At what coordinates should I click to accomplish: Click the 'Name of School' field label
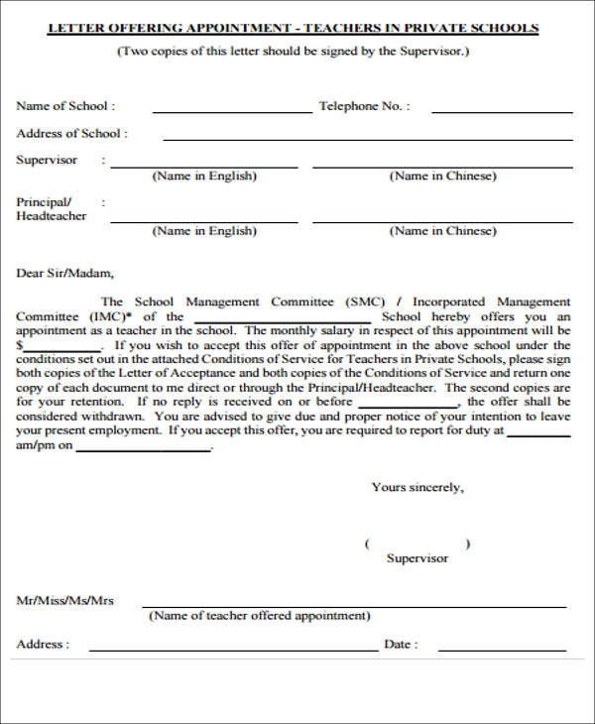pyautogui.click(x=65, y=105)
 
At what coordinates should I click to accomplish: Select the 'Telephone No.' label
pyautogui.click(x=364, y=105)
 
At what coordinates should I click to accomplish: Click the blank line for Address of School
pyautogui.click(x=367, y=138)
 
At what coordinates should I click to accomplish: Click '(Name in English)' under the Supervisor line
pyautogui.click(x=203, y=177)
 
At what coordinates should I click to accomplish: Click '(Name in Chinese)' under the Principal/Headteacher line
pyautogui.click(x=442, y=231)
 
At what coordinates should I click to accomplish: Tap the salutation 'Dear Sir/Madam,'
pyautogui.click(x=65, y=273)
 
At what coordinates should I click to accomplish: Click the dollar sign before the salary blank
pyautogui.click(x=20, y=344)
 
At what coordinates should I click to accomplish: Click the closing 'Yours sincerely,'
pyautogui.click(x=417, y=487)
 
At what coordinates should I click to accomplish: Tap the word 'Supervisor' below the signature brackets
pyautogui.click(x=417, y=558)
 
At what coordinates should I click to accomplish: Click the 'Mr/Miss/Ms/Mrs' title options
pyautogui.click(x=65, y=600)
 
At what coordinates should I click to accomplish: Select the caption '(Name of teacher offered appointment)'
pyautogui.click(x=259, y=616)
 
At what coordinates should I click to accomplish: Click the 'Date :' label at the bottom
pyautogui.click(x=401, y=644)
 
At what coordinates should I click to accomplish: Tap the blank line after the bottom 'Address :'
pyautogui.click(x=233, y=649)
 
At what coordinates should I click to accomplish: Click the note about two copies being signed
pyautogui.click(x=294, y=51)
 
